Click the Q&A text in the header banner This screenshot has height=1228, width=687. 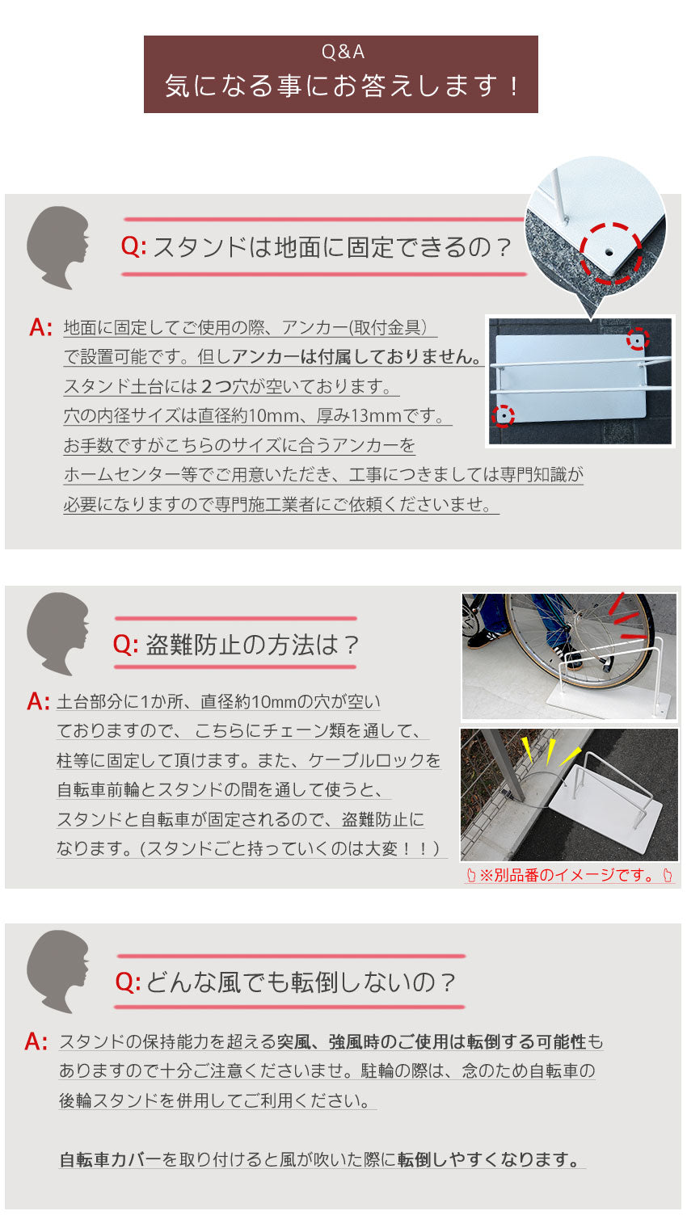pos(343,53)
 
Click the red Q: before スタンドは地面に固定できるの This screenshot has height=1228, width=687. pos(133,247)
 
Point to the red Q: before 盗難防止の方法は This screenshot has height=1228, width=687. pos(126,645)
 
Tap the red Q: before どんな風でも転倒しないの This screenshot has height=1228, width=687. pos(128,982)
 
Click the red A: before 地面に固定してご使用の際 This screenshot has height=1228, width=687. pos(40,328)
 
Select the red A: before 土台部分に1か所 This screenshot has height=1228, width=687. pos(38,701)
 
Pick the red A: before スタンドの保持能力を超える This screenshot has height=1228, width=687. pos(36,1042)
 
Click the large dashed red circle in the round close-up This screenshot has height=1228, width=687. pos(610,252)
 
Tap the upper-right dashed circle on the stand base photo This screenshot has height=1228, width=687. pos(638,340)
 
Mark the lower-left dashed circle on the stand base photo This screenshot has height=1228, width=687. pos(504,416)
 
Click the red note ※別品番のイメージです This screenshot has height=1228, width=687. pos(569,875)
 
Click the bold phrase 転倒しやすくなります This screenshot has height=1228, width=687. pos(489,1160)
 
